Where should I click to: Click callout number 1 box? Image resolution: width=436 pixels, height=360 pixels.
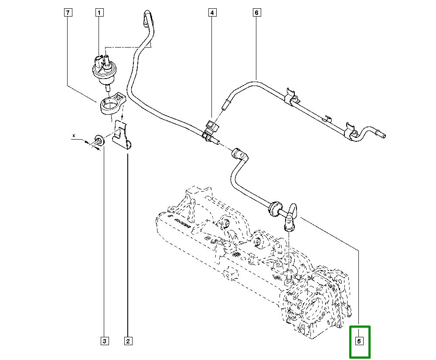click(x=99, y=13)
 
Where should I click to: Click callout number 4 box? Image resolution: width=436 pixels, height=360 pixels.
click(x=212, y=13)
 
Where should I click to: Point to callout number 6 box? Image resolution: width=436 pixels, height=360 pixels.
click(x=256, y=13)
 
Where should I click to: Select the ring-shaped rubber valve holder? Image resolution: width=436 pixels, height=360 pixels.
click(x=110, y=105)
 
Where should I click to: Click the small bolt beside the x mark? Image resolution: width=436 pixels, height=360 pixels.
click(x=99, y=141)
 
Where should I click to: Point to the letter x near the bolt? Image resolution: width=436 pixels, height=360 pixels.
click(x=74, y=136)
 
